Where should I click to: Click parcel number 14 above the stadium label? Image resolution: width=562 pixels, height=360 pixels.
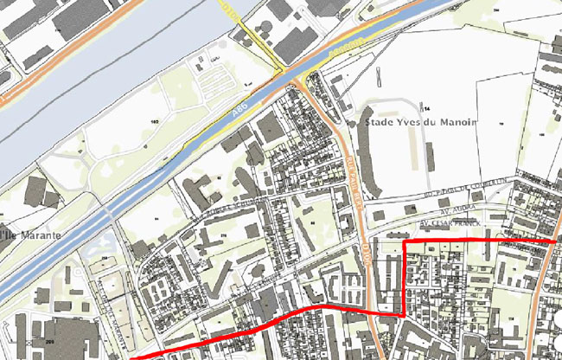point(425,107)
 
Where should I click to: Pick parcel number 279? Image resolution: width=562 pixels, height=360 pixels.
point(222,235)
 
